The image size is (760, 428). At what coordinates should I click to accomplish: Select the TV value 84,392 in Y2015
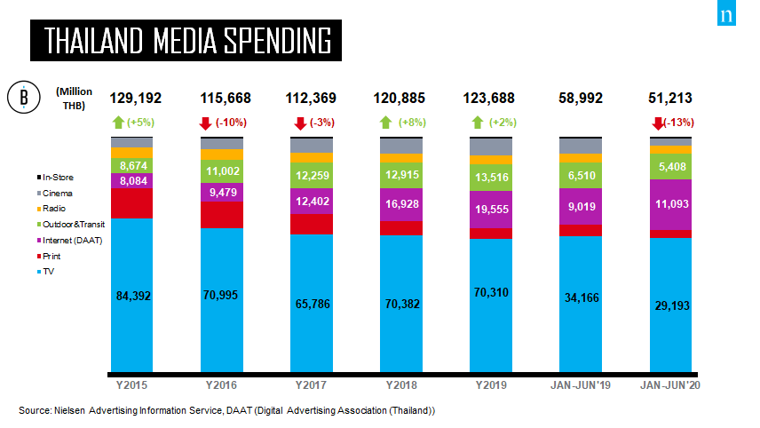pyautogui.click(x=132, y=296)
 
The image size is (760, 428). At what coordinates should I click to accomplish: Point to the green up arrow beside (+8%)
pyautogui.click(x=384, y=123)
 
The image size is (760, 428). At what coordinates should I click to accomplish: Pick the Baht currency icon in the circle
pyautogui.click(x=23, y=98)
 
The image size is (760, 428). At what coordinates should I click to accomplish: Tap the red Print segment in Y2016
pyautogui.click(x=222, y=214)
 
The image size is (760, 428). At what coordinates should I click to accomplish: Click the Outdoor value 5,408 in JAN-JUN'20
pyautogui.click(x=671, y=165)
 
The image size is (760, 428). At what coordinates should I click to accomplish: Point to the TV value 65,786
pyautogui.click(x=312, y=304)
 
